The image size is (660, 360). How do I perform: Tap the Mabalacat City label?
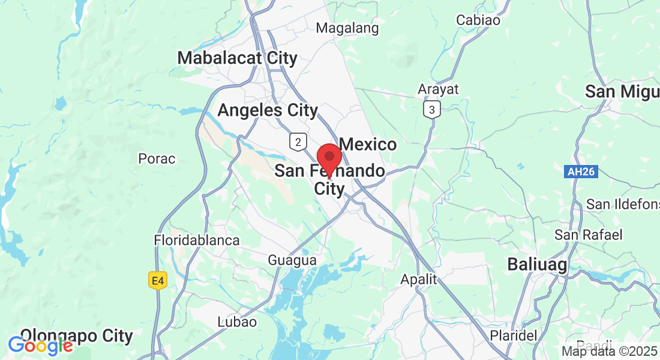pos(238,58)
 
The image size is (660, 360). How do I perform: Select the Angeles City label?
pos(268,110)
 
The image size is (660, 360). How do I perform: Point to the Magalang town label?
pos(347,28)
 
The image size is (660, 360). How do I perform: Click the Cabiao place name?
pos(478,20)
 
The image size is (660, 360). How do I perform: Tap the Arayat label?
pos(438,89)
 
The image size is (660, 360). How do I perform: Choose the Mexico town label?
pos(368,144)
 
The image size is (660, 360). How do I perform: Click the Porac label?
pos(157,159)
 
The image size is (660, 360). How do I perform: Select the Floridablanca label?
pos(197,240)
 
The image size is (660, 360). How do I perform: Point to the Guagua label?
pos(292,260)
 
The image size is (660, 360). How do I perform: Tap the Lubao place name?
pos(237,322)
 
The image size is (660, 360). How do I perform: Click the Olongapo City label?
pos(76,335)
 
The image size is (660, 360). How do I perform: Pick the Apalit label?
pos(419,280)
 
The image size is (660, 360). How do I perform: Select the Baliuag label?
pos(537,264)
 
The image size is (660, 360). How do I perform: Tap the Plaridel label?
pos(513,335)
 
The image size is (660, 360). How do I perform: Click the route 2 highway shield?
pos(297,142)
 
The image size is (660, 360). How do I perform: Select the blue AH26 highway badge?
pos(581,172)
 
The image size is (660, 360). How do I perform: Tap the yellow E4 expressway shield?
pos(157,280)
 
